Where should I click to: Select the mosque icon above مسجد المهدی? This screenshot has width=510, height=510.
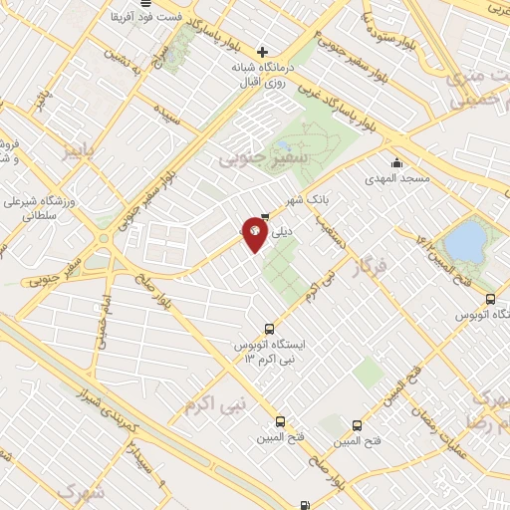pos(397,163)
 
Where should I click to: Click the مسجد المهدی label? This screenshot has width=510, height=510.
pos(397,178)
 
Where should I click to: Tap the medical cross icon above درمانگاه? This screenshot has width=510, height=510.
pos(262,52)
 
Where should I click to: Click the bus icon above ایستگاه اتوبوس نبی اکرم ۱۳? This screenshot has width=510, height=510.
pos(268,330)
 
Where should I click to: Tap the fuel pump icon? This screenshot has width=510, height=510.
pos(303,505)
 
